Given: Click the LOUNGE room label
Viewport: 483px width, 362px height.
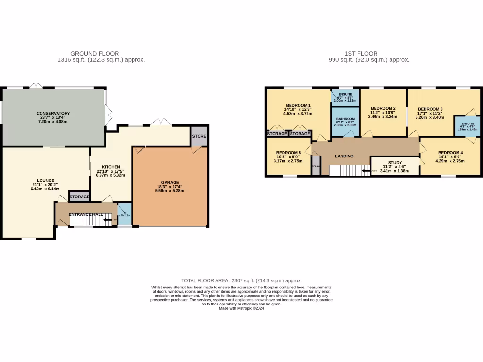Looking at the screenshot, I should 46,181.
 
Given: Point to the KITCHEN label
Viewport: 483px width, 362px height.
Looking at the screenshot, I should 111,167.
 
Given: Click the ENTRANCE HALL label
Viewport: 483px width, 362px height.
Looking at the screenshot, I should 86,214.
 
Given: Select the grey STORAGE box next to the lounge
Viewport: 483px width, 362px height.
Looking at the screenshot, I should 79,197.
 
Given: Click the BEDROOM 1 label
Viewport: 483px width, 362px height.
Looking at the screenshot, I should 298,105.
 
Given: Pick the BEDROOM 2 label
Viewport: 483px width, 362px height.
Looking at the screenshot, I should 382,108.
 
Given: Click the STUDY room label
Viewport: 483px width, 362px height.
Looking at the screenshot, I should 395,162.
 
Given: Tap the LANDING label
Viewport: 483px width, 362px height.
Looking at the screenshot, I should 344,156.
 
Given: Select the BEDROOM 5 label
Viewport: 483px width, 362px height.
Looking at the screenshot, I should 288,153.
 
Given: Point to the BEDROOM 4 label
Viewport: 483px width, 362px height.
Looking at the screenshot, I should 450,153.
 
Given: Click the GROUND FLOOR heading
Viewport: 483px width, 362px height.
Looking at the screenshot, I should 94,54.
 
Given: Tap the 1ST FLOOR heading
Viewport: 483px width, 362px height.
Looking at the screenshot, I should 369,54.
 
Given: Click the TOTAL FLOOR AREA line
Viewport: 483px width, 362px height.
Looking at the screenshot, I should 241,280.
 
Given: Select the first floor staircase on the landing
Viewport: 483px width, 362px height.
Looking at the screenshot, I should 349,170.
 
